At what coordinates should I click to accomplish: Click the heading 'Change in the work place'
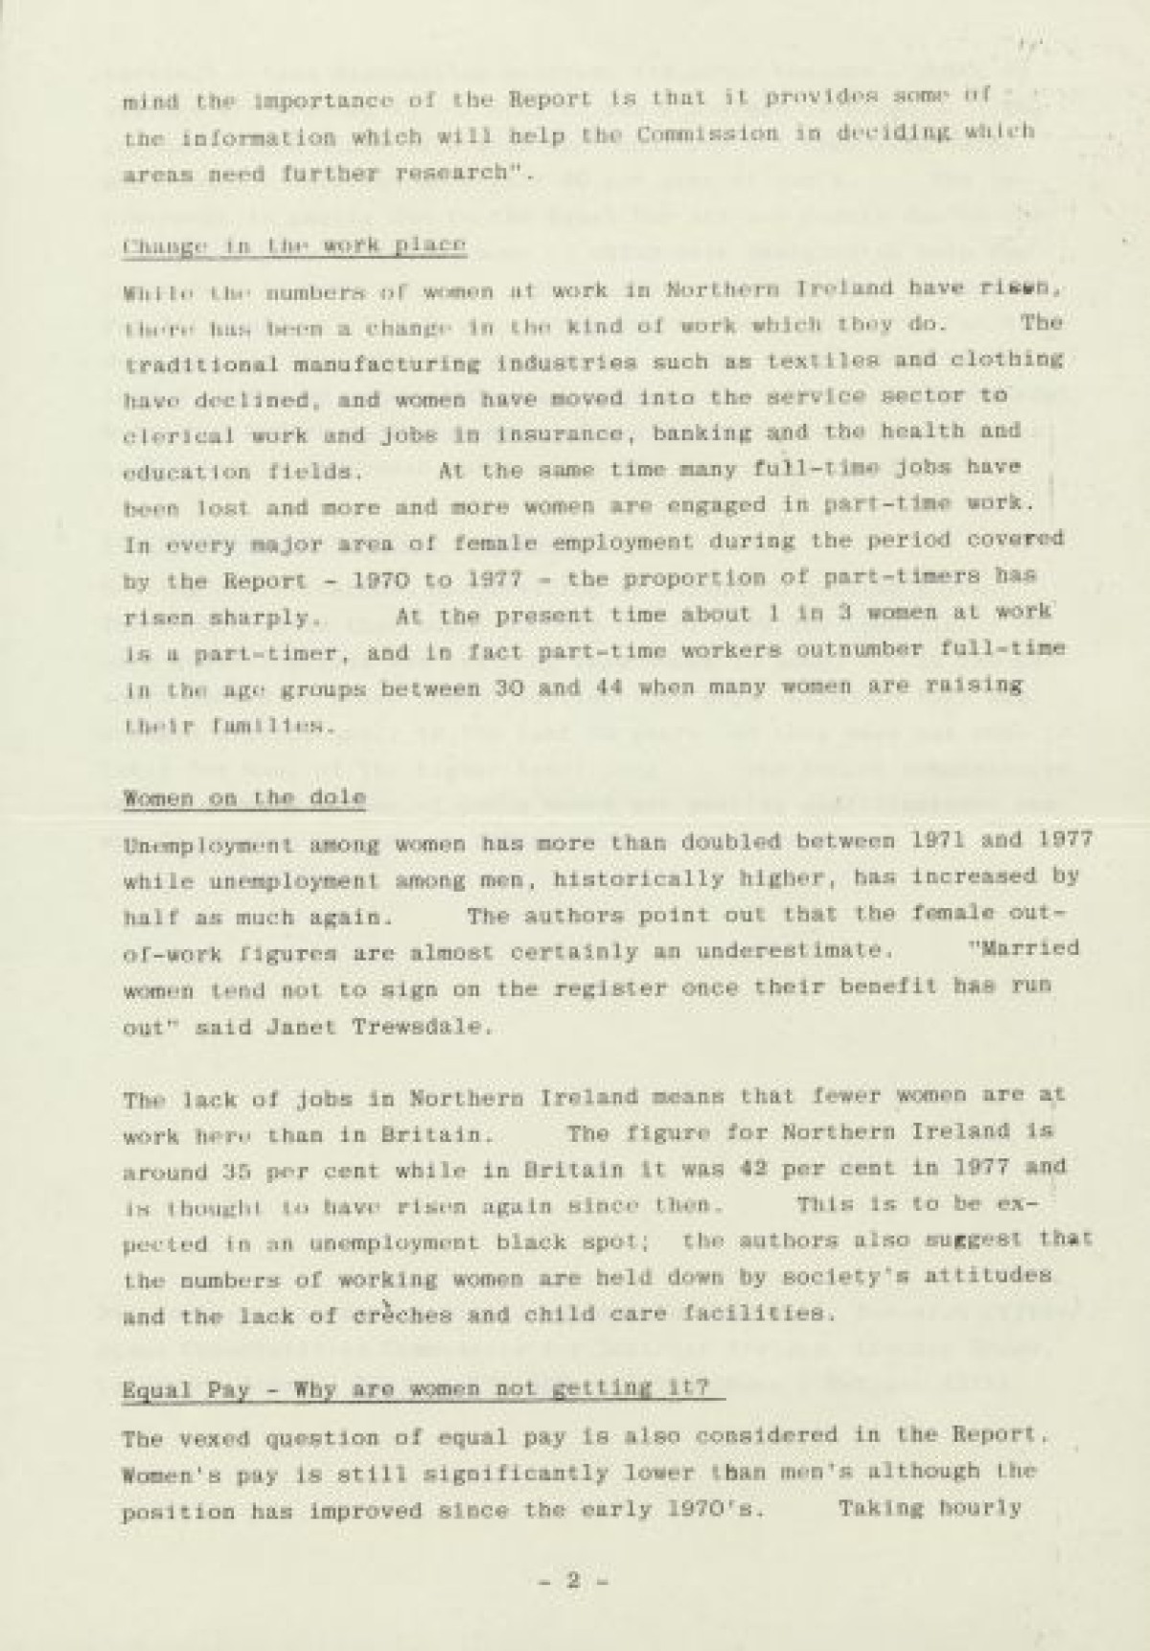(295, 245)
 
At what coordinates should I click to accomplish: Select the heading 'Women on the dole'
(244, 798)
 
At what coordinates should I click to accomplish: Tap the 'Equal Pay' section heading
(421, 1389)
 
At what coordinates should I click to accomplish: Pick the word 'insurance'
(561, 433)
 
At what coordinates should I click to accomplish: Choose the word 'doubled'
(728, 841)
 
